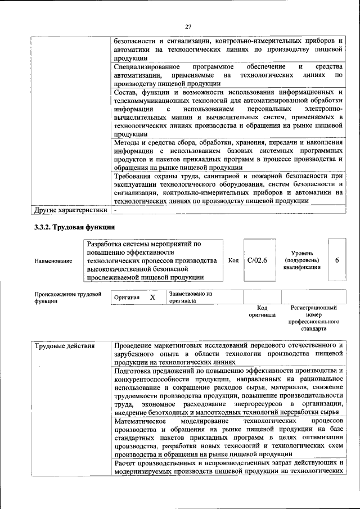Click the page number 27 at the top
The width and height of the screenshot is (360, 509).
click(188, 26)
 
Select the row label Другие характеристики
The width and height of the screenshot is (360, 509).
click(70, 210)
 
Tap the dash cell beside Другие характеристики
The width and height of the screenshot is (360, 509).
click(115, 210)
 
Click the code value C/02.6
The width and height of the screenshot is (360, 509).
click(256, 260)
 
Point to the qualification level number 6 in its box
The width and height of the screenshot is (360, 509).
click(336, 260)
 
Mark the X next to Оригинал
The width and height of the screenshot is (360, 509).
click(152, 297)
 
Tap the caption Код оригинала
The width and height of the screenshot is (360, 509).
click(262, 312)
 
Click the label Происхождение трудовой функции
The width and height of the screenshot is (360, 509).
click(67, 297)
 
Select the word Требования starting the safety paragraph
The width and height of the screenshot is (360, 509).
click(135, 176)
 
